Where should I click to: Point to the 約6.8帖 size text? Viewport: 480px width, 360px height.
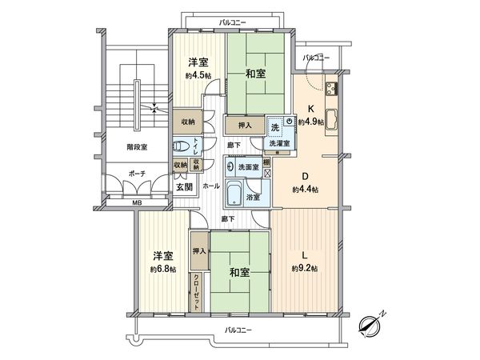(x=163, y=268)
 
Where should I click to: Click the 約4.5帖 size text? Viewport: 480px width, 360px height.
(x=198, y=74)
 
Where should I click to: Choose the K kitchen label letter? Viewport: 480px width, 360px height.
(x=312, y=110)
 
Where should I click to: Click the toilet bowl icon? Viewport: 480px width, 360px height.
(x=181, y=146)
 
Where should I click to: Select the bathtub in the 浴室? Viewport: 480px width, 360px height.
(x=234, y=193)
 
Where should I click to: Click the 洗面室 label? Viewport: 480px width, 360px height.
(x=248, y=167)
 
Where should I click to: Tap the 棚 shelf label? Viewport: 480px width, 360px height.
(x=266, y=162)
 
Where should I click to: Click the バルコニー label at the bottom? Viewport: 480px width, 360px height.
(x=239, y=330)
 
